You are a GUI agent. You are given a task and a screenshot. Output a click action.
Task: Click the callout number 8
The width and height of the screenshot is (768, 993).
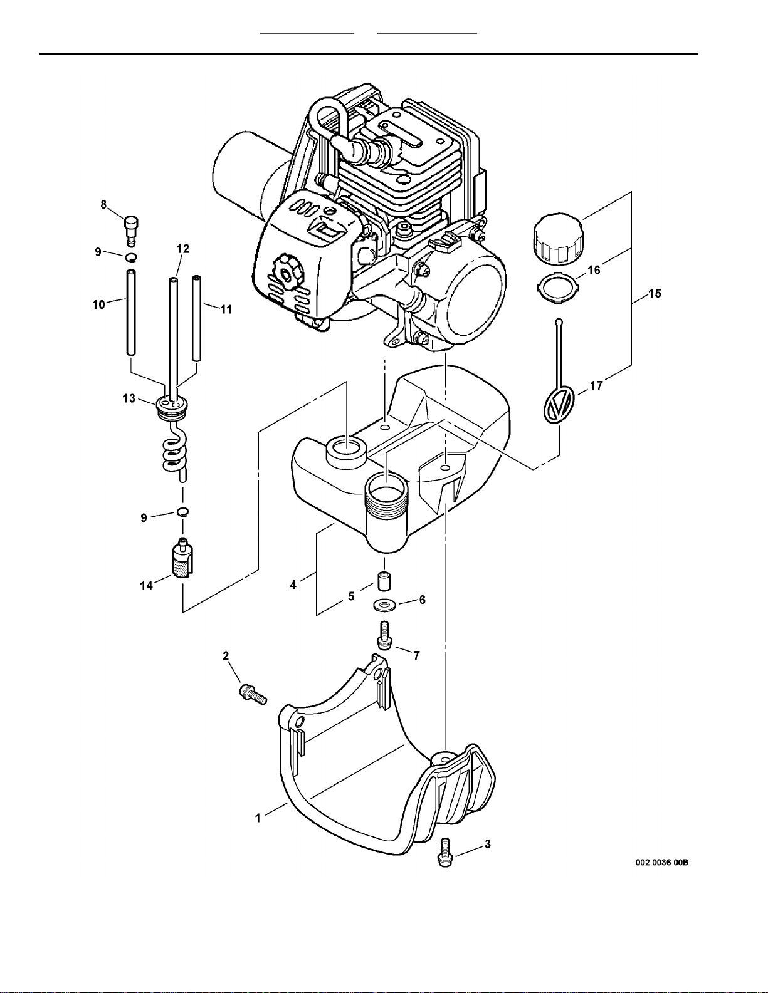[x=104, y=204]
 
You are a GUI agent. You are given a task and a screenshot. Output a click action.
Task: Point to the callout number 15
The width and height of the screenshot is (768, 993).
[x=655, y=293]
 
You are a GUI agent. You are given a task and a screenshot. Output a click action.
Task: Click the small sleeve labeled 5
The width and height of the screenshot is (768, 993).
[x=383, y=580]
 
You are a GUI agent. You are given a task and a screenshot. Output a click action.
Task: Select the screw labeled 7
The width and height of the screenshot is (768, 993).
[x=384, y=635]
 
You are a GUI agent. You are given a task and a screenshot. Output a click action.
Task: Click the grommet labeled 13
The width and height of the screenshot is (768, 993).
[x=173, y=406]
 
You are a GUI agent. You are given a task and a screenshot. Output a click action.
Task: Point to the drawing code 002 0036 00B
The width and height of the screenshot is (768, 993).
[x=662, y=862]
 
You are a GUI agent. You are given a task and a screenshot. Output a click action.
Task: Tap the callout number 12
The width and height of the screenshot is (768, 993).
[x=182, y=249]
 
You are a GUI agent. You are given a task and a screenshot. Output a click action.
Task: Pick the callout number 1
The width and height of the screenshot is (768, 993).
[x=258, y=818]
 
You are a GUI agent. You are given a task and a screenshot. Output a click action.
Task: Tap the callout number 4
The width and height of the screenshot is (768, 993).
[x=293, y=585]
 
